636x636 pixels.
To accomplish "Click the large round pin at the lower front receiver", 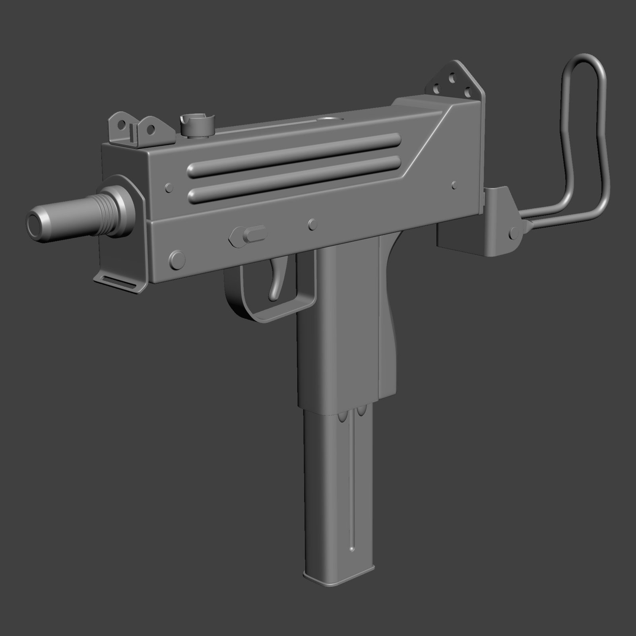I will pyautogui.click(x=177, y=259).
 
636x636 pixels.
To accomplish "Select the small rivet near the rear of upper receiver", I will pyautogui.click(x=454, y=185).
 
